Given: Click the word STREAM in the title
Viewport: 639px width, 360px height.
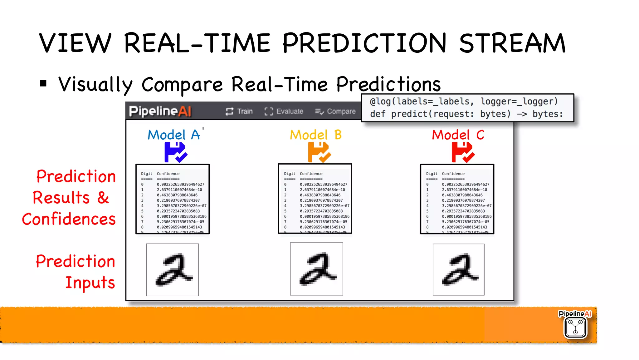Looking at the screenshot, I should point(512,43).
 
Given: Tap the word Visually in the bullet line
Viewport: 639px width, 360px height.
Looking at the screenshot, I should point(95,85).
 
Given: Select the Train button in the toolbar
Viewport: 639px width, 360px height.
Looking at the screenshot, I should point(239,111).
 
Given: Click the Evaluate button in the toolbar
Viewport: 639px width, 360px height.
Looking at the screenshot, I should point(284,111).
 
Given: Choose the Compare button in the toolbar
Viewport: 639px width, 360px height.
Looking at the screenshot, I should point(335,111).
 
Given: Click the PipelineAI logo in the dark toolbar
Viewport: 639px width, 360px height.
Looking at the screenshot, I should point(160,111).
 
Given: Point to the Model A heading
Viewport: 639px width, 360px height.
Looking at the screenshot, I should point(174,135).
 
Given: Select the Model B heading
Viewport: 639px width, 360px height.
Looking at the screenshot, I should point(316,135).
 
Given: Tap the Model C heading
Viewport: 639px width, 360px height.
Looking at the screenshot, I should point(458,135).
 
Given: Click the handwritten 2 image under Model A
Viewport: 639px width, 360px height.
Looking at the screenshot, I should point(173,270).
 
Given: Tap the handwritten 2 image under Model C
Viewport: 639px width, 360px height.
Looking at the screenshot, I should point(459,270).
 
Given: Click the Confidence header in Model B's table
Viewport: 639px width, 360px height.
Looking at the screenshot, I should point(311,174).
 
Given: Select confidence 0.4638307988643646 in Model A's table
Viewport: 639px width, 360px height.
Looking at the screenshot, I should point(177,195).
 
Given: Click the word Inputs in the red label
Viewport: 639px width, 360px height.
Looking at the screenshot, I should point(90,283).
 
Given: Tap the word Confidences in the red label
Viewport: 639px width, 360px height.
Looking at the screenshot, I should point(69,219).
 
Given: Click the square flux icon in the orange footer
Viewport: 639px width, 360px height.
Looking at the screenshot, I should point(575,328).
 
